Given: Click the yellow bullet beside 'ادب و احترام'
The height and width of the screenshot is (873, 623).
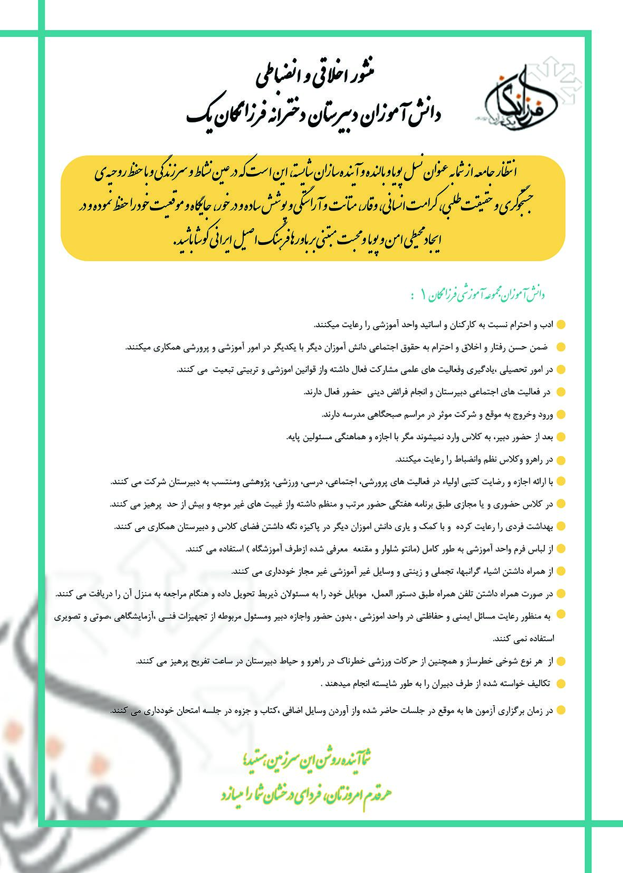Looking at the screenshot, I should point(561,324).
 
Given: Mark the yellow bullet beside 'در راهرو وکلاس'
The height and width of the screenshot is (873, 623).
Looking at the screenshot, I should point(561,459).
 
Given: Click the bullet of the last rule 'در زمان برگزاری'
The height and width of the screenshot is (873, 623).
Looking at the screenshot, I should point(561,710).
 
